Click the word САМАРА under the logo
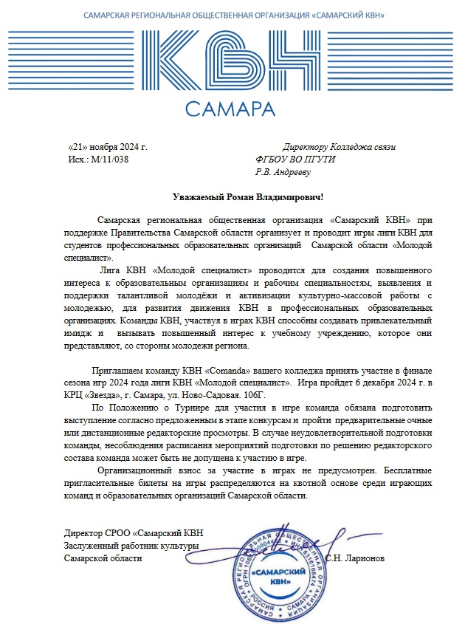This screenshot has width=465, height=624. tap(231, 109)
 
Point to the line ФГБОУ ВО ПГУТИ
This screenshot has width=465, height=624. tap(295, 159)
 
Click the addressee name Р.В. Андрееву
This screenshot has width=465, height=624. tap(283, 172)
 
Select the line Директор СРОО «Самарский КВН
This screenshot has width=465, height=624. tap(133, 533)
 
